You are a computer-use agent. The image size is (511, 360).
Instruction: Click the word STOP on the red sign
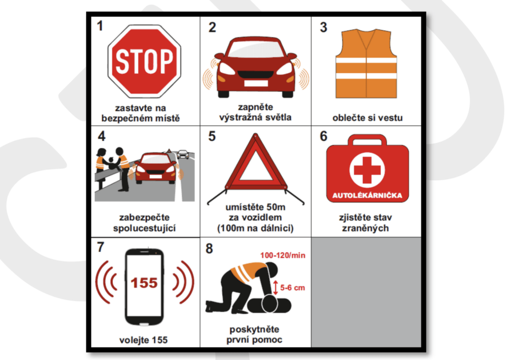144,61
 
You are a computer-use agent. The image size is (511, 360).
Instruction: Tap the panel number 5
212,136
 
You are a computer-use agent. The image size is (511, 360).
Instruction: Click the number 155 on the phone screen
144,283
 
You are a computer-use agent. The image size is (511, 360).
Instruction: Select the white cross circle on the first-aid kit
367,170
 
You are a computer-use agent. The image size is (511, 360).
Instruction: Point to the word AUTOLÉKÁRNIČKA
367,195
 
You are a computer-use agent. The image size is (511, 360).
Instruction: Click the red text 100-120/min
282,255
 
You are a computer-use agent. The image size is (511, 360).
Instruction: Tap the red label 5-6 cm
292,288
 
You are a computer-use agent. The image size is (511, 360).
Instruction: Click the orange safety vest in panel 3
366,63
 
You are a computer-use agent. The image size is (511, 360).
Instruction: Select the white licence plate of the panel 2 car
256,83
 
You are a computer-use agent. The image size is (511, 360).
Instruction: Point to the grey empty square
366,292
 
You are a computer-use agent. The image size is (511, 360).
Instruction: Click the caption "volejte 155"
143,340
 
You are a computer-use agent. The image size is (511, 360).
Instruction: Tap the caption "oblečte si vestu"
367,118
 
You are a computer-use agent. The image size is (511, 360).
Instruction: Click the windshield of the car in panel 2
255,49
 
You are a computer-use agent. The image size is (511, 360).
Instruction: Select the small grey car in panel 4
183,154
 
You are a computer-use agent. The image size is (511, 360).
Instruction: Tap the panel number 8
209,249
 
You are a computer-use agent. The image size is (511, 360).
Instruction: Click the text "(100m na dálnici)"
255,228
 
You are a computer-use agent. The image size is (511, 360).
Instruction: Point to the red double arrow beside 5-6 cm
275,287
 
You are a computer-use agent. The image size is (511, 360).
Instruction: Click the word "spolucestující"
144,228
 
